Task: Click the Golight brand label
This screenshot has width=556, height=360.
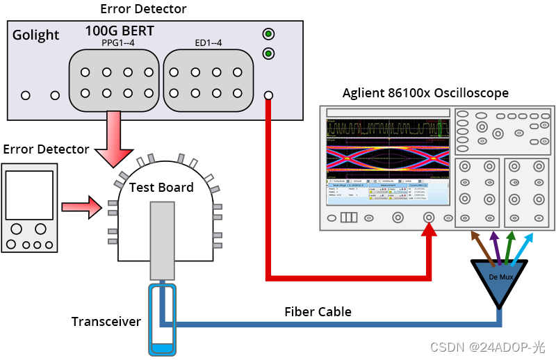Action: pos(36,35)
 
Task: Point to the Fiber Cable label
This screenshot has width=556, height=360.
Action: pos(318,311)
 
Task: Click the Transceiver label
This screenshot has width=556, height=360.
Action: pos(106,322)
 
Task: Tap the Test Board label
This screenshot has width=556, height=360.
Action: pos(161,187)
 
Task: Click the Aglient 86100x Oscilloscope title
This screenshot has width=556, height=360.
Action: pos(425,93)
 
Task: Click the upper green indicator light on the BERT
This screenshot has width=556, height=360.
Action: pos(268,34)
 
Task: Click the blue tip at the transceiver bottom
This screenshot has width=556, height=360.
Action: pos(161,347)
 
